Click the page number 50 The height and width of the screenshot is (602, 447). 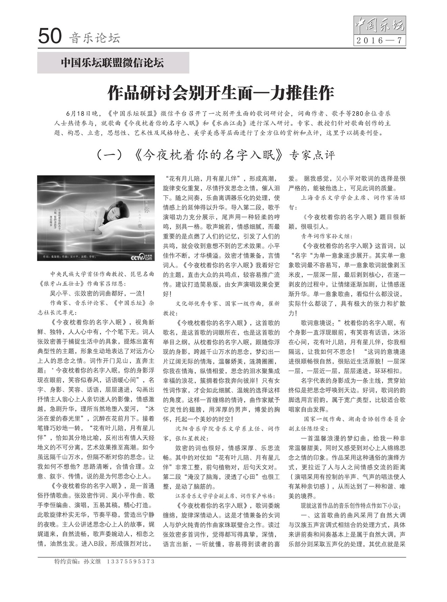[x=50, y=36]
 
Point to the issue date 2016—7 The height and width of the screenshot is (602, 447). [x=380, y=41]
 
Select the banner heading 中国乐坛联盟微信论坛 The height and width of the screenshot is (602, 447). [x=112, y=63]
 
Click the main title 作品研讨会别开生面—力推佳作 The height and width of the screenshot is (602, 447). [x=221, y=93]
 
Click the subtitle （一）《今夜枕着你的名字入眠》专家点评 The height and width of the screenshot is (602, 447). [x=215, y=155]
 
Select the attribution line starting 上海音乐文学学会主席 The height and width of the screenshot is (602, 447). [x=353, y=198]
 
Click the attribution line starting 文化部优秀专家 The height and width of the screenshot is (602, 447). [x=227, y=304]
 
